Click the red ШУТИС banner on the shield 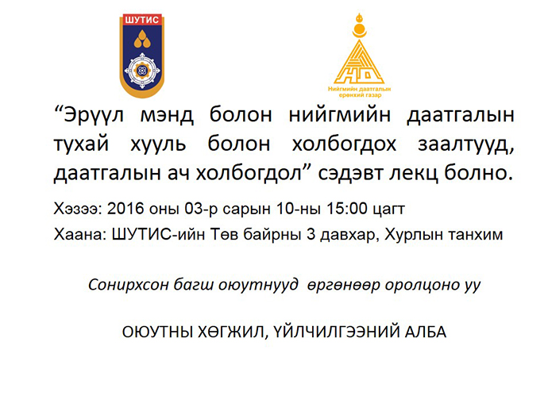click(141, 20)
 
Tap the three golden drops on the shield click(142, 39)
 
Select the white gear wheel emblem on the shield click(142, 71)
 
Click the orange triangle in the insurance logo click(359, 62)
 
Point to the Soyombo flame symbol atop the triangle click(359, 26)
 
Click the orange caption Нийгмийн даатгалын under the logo click(359, 89)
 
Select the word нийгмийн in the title click(340, 114)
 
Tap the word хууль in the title click(158, 144)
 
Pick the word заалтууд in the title click(466, 144)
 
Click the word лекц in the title click(414, 173)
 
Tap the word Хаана click(79, 235)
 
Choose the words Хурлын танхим click(444, 235)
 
